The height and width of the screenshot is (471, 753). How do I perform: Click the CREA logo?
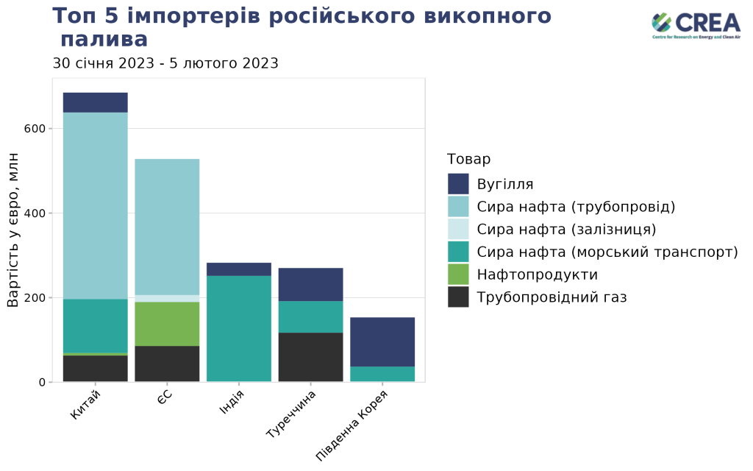point(696,26)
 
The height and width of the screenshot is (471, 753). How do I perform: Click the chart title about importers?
point(301,27)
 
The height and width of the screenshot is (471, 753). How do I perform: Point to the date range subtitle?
point(165,63)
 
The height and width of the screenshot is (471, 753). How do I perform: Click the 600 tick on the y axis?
point(36,129)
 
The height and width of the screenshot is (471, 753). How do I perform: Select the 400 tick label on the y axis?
point(36,213)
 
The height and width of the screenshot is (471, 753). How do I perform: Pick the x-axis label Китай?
point(85,406)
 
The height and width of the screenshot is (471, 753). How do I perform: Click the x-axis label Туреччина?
point(292,414)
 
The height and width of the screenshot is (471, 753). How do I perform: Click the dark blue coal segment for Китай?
point(96,102)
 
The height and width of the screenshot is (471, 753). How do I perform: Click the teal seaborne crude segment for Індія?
point(239,328)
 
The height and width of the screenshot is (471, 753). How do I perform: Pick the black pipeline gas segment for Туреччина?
point(310,357)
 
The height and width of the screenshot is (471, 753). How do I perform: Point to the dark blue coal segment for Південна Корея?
point(382,341)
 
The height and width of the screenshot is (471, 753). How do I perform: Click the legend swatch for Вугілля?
point(458,184)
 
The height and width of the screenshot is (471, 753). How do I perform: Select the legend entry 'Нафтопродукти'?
point(537,275)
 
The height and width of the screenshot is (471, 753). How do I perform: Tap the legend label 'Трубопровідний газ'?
point(552,297)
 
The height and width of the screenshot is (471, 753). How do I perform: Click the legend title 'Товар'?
point(468,159)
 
